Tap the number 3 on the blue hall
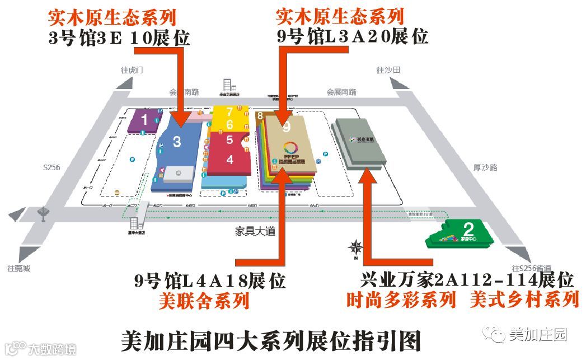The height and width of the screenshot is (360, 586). [177, 142]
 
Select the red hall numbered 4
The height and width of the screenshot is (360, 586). [229, 160]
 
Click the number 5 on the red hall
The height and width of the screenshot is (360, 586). [229, 140]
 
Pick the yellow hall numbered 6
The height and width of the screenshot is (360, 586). [229, 124]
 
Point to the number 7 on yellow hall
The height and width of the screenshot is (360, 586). [229, 111]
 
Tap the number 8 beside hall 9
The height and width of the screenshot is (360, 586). [260, 116]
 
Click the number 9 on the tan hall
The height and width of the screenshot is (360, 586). [287, 128]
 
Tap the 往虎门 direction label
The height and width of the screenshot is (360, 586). [133, 71]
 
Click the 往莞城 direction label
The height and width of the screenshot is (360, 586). [19, 268]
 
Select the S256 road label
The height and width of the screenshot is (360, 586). [51, 167]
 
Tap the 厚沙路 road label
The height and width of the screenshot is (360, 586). [485, 167]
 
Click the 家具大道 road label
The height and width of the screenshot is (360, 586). [256, 230]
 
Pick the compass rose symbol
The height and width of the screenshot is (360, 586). [355, 247]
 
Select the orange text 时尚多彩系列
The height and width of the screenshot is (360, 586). [401, 300]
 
